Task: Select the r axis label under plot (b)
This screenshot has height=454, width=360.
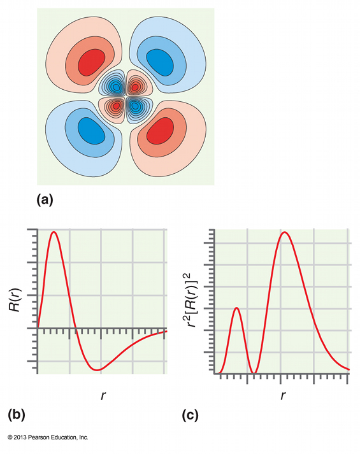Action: click(103, 395)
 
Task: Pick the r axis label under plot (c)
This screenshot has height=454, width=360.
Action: click(282, 395)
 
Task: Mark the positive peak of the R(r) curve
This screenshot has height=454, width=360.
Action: click(54, 232)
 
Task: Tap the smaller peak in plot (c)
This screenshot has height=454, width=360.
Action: click(236, 308)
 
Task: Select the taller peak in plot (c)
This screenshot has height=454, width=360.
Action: click(285, 233)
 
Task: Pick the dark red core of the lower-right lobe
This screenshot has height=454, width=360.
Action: click(159, 131)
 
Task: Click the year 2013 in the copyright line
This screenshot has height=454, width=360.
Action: click(21, 437)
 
